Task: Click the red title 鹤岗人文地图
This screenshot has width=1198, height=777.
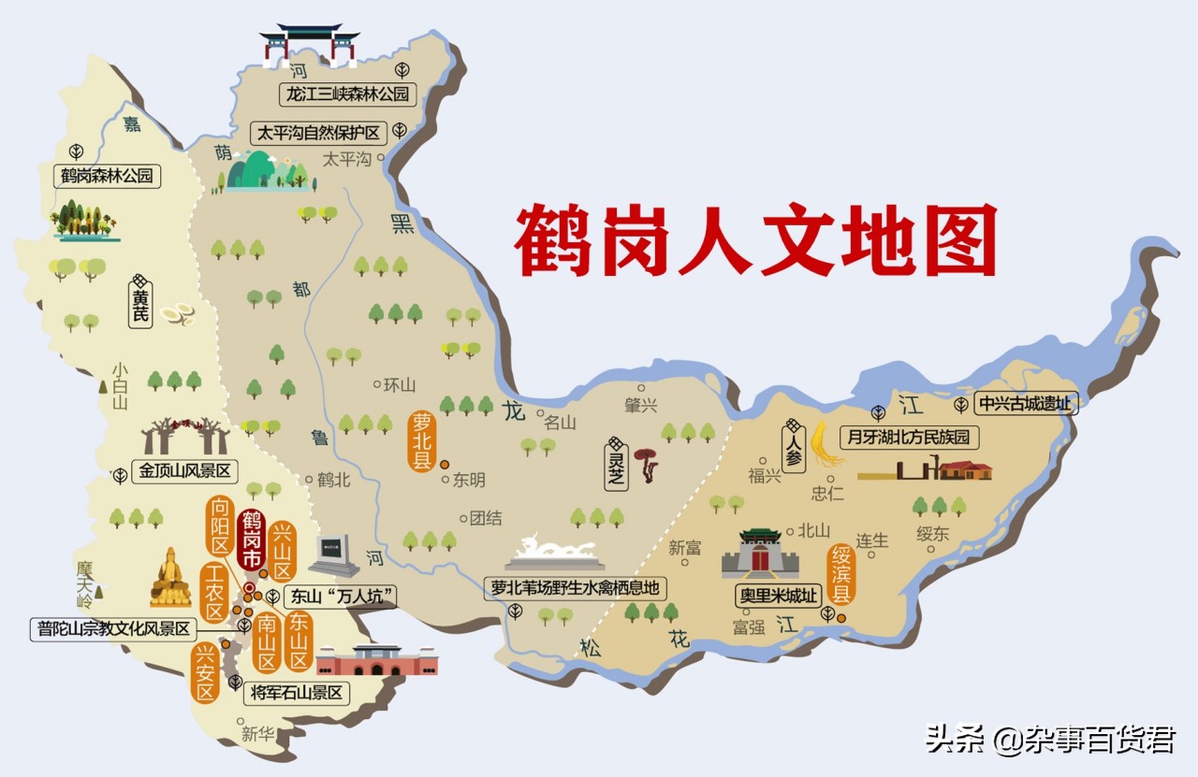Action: point(755,240)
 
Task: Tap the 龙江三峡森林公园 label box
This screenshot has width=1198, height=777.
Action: point(347,94)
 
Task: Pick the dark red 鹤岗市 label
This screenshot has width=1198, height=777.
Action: point(252,541)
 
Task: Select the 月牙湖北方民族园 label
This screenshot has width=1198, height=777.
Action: point(909,437)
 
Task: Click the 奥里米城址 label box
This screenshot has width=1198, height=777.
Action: point(776,596)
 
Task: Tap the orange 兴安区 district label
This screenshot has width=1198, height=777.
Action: point(205,672)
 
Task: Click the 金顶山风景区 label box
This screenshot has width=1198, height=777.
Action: point(185,471)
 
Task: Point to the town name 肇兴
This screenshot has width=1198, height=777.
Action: point(641,405)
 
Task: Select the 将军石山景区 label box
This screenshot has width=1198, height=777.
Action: point(299,694)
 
